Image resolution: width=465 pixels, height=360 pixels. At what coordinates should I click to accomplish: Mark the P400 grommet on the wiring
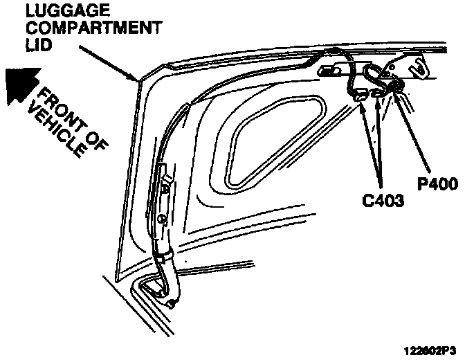coord(397,87)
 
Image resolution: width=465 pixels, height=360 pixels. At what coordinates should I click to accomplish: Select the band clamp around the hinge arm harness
coord(163,256)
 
